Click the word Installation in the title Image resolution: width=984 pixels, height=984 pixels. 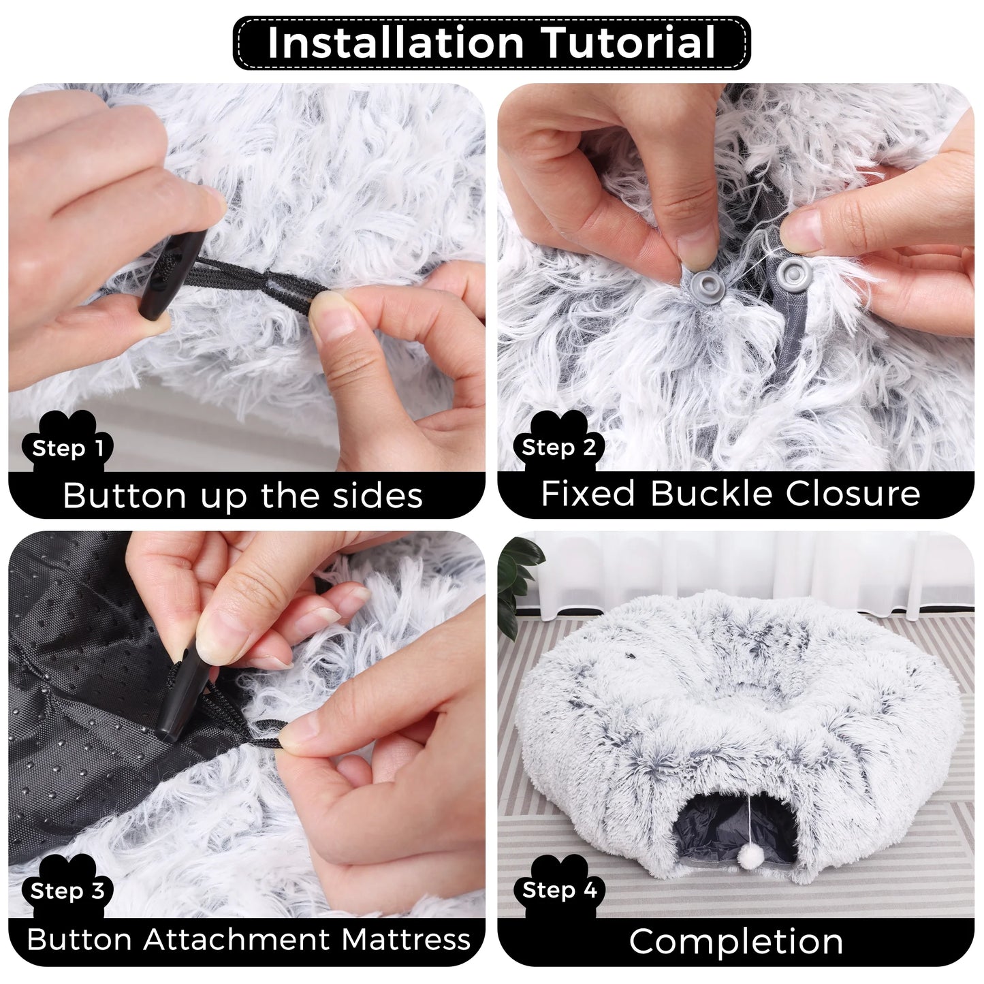(395, 43)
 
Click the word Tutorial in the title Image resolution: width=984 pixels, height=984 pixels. (628, 43)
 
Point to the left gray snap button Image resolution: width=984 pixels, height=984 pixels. (702, 282)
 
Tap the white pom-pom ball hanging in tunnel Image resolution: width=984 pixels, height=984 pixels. (750, 857)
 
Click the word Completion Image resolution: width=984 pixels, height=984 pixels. (735, 942)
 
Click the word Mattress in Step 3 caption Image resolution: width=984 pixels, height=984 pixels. (405, 940)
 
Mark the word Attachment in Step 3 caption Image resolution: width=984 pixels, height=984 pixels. (240, 940)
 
